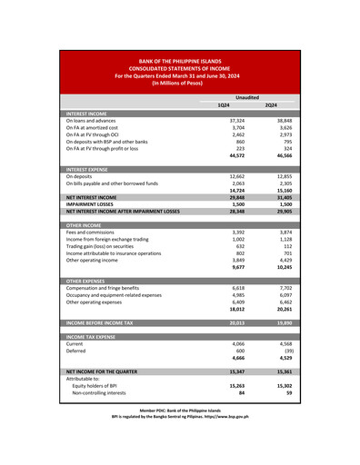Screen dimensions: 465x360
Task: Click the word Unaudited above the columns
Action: tap(246, 96)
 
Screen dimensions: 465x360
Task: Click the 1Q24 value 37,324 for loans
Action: tap(236, 120)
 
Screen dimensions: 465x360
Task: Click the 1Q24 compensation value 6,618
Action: tap(236, 288)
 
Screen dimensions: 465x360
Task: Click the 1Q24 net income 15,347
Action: tap(235, 372)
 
